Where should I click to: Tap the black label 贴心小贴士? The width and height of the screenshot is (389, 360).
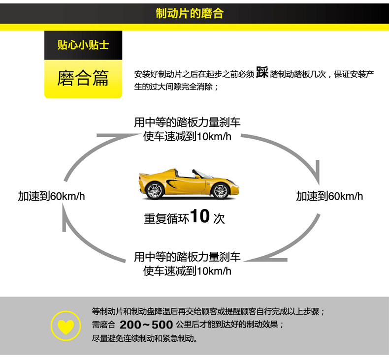pos(83,46)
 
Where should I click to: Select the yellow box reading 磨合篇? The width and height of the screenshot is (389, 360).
pos(83,79)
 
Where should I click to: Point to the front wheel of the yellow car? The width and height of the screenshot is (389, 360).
pos(221,191)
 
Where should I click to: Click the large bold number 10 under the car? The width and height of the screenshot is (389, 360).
pos(199,216)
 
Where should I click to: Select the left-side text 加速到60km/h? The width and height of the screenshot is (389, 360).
pos(52,196)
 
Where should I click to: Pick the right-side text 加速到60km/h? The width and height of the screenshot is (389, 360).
pos(329,196)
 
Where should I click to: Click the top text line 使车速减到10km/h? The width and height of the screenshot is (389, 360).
pos(187,136)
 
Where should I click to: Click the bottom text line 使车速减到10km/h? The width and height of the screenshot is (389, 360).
pos(187,270)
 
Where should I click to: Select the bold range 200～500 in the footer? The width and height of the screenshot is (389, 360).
pos(146,325)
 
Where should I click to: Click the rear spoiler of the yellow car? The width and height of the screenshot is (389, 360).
pos(143,174)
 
